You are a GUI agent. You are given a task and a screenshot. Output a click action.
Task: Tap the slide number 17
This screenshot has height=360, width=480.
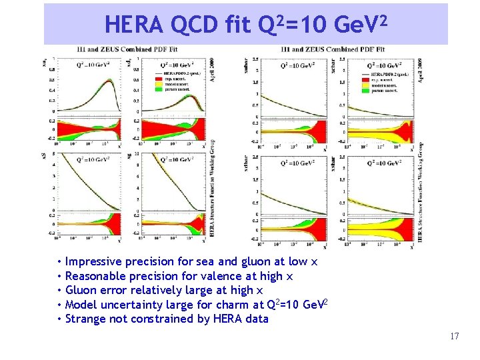pos(454,336)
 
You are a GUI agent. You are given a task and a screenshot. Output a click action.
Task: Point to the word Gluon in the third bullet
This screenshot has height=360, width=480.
pos(81,290)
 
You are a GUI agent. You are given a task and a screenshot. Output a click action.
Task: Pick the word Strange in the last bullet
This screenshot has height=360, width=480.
pos(87,319)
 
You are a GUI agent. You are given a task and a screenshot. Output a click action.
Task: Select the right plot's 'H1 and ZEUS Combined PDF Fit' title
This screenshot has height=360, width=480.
pos(333,49)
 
